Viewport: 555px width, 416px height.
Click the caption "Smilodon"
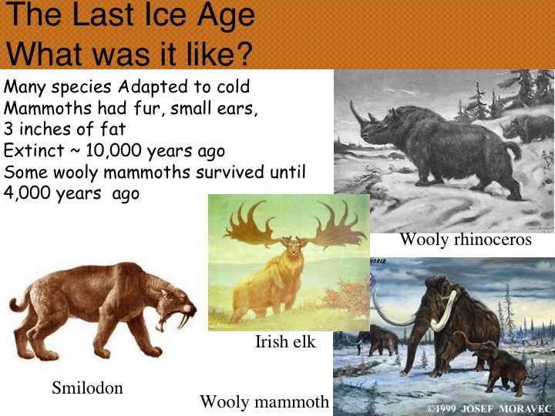(87, 387)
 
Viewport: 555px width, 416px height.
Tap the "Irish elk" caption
(285, 342)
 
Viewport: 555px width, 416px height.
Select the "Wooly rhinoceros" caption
(466, 239)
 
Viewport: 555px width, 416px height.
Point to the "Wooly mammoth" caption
(264, 402)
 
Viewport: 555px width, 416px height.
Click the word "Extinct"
(34, 150)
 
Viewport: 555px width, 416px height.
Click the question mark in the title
(243, 54)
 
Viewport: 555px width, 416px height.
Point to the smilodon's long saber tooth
(184, 320)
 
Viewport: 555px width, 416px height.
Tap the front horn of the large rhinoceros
(357, 112)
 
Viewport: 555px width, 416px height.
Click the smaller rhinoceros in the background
(527, 128)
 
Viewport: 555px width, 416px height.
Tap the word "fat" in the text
(113, 129)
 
